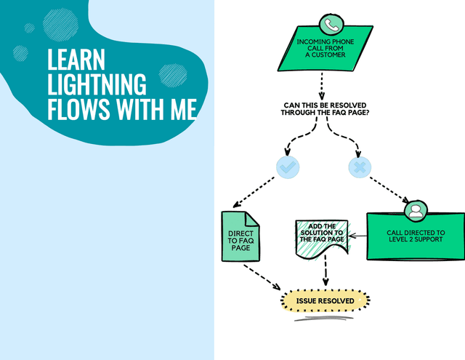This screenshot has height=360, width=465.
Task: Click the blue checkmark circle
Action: [x=288, y=168]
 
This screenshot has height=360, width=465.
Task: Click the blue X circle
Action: [x=358, y=168]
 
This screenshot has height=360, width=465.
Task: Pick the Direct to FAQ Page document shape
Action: [x=240, y=238]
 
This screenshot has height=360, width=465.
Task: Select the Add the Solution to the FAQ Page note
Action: [x=321, y=237]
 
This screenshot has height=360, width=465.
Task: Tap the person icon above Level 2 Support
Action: [x=415, y=211]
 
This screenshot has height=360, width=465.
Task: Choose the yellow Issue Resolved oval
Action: [x=325, y=300]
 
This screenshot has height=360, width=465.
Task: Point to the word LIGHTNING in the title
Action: [x=97, y=84]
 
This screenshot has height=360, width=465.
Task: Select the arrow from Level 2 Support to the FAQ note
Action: [x=357, y=236]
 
